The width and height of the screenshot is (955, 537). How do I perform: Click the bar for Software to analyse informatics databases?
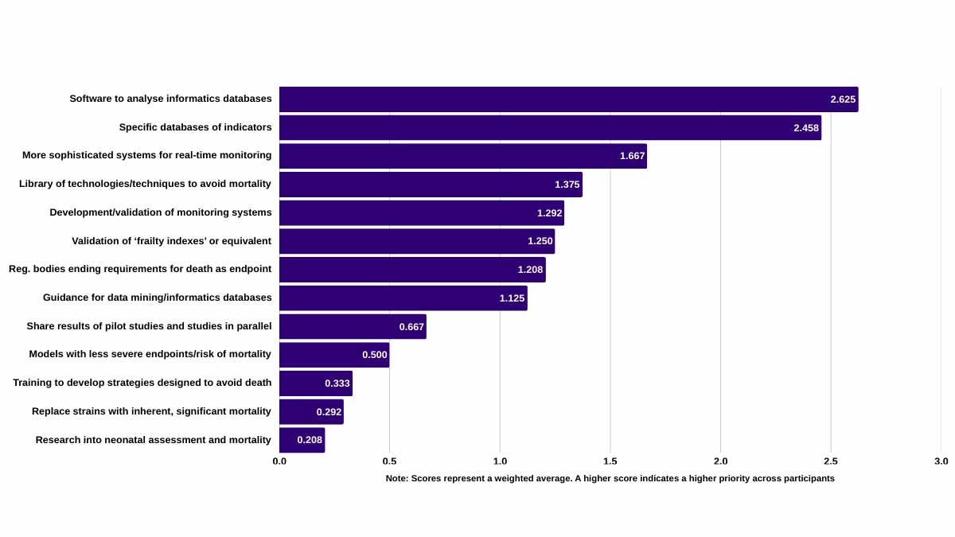pyautogui.click(x=568, y=99)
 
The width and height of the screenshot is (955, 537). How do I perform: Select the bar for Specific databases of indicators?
pyautogui.click(x=550, y=128)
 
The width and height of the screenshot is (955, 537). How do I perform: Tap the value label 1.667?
pyautogui.click(x=633, y=156)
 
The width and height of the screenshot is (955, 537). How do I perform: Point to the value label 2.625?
pyautogui.click(x=843, y=99)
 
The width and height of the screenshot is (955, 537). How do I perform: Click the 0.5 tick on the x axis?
pyautogui.click(x=390, y=461)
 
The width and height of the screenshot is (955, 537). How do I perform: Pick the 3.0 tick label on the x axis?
pyautogui.click(x=941, y=461)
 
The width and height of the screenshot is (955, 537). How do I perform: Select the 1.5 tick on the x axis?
pyautogui.click(x=610, y=461)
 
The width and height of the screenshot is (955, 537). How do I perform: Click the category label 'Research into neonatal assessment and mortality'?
pyautogui.click(x=154, y=440)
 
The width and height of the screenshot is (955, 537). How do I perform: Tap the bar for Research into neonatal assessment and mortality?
pyautogui.click(x=302, y=440)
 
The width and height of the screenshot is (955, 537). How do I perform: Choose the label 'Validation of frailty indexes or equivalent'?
pyautogui.click(x=171, y=241)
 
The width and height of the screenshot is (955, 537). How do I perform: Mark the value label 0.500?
pyautogui.click(x=375, y=355)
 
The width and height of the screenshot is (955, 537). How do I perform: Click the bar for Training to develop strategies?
pyautogui.click(x=316, y=383)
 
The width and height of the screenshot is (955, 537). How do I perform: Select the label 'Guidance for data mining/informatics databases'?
pyautogui.click(x=158, y=298)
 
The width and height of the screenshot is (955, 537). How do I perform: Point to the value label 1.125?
pyautogui.click(x=513, y=298)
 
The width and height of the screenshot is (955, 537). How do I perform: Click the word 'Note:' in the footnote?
pyautogui.click(x=397, y=479)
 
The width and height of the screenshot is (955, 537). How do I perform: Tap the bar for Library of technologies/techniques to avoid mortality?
pyautogui.click(x=431, y=185)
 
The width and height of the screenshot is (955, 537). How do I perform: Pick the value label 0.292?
pyautogui.click(x=329, y=412)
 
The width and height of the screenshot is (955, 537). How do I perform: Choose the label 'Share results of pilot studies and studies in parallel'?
pyautogui.click(x=149, y=326)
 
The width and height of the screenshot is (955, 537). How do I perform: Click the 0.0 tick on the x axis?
pyautogui.click(x=280, y=461)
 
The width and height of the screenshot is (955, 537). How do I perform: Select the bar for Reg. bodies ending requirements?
pyautogui.click(x=412, y=270)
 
